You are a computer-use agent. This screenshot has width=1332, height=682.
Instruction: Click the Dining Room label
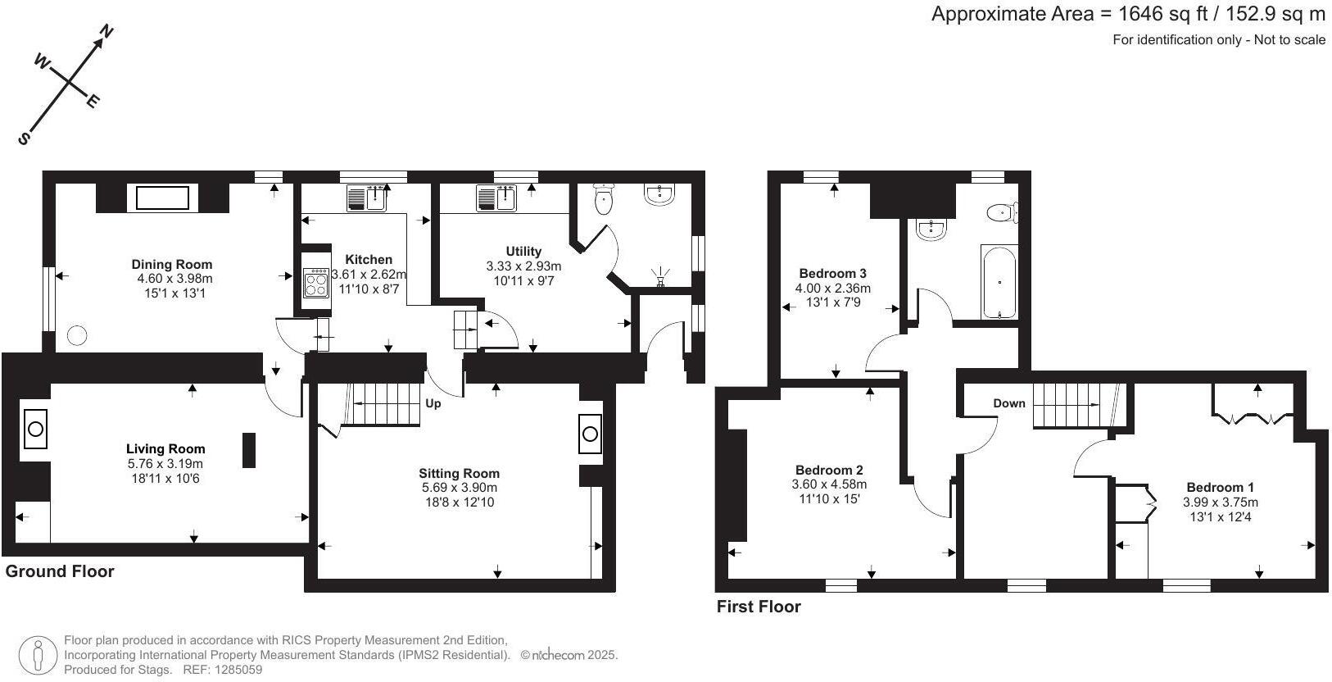171,264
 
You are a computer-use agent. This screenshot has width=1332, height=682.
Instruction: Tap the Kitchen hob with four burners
315,283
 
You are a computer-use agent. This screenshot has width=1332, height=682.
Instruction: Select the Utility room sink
496,198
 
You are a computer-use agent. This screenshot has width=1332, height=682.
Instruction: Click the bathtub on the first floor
999,281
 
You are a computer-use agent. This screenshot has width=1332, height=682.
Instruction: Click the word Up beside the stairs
433,403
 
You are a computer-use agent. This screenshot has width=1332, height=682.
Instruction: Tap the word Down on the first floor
1009,403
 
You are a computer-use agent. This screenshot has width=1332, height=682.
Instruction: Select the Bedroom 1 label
1221,487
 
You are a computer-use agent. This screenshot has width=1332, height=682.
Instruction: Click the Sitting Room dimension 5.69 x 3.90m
460,488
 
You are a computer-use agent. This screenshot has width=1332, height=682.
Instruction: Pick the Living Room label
165,448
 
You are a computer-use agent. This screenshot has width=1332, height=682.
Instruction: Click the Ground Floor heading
60,571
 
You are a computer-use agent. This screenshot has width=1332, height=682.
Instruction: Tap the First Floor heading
759,607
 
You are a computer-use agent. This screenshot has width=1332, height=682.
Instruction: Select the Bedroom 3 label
832,273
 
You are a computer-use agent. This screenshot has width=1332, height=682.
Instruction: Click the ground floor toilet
603,198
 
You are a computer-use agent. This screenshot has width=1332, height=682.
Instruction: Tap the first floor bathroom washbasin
931,230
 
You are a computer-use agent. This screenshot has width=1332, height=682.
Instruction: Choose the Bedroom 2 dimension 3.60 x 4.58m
829,484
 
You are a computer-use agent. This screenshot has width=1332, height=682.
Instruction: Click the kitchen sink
367,198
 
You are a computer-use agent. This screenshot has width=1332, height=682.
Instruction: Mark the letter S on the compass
24,139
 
